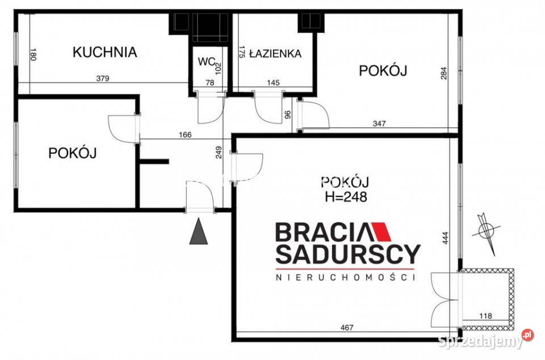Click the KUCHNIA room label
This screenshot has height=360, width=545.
tap(104, 52)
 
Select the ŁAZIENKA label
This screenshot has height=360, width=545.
tap(276, 53)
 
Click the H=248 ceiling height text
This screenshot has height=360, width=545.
tap(346, 197)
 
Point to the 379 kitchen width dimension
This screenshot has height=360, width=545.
tap(103, 78)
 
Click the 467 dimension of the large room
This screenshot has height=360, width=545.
tap(347, 327)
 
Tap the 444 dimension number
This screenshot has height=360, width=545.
tap(446, 238)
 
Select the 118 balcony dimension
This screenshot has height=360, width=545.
tap(485, 316)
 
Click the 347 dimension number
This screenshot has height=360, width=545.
tap(379, 123)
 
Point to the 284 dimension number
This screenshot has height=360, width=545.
tap(444, 73)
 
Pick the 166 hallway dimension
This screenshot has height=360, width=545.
tap(185, 135)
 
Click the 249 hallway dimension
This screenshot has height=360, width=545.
tap(219, 153)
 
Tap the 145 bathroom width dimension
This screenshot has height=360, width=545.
tap(273, 83)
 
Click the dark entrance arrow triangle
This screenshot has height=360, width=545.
tap(199, 232)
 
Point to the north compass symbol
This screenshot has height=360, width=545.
tap(486, 230)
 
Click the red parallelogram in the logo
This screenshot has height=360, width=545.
tap(382, 232)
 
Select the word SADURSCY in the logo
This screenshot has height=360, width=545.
tap(348, 254)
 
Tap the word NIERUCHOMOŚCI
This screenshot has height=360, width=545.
tap(345, 277)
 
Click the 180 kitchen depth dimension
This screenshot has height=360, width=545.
tap(33, 55)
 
